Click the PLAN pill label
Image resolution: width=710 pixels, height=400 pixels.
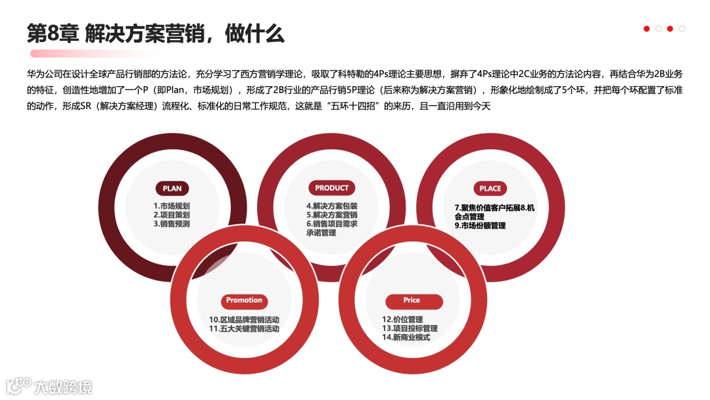(x=172, y=188)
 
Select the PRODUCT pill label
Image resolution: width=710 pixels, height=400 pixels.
(x=331, y=187)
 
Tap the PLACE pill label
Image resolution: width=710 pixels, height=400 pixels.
(x=490, y=188)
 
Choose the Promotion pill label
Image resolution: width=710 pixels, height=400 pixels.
(x=244, y=301)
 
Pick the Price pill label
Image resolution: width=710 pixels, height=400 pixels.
(x=412, y=301)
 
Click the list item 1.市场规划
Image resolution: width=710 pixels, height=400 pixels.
(x=172, y=206)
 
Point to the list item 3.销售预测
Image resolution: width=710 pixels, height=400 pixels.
(x=172, y=224)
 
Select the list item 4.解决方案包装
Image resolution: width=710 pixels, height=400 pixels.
(x=331, y=206)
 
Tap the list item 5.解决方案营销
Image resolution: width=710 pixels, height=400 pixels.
(x=331, y=215)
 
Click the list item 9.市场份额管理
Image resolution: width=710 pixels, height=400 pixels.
(x=480, y=226)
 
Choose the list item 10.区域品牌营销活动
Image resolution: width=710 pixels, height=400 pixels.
(x=244, y=320)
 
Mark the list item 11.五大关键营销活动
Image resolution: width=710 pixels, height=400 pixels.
(x=244, y=328)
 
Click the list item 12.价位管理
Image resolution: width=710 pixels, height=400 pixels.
(x=402, y=320)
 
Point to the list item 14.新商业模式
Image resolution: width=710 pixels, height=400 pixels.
(x=406, y=337)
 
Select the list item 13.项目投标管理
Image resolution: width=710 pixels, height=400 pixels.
(x=410, y=328)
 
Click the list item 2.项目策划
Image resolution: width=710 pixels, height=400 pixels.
(x=172, y=214)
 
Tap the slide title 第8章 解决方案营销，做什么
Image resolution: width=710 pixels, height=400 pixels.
(x=156, y=32)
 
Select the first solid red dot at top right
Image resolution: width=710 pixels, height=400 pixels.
(x=647, y=28)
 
